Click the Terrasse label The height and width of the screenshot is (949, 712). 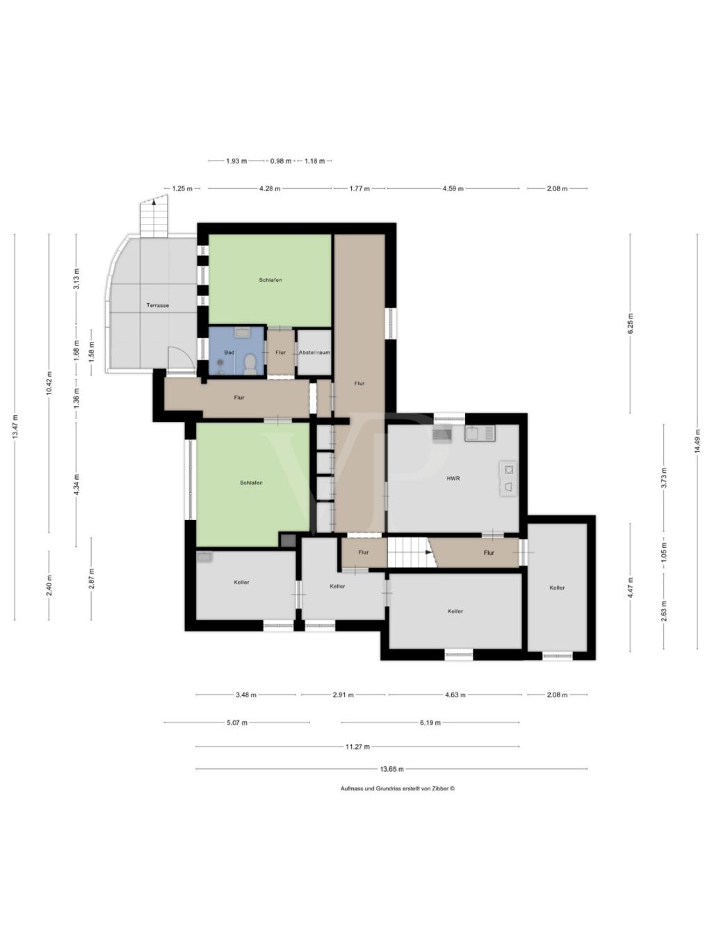point(157,305)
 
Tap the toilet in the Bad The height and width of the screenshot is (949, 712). point(250,364)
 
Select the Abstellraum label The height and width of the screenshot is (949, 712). point(314,352)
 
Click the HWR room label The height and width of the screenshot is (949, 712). point(453,478)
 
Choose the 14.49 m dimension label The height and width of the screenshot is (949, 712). point(697,441)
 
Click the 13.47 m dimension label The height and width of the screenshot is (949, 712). point(15,427)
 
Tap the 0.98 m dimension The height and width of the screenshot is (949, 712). point(281,161)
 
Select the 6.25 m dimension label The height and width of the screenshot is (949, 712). point(630,323)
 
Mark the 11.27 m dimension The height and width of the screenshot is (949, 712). point(357,746)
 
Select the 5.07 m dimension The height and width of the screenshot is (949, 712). point(236,722)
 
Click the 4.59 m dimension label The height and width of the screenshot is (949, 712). point(453,188)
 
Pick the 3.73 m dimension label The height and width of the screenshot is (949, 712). point(663,478)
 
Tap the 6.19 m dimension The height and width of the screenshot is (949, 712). point(430,722)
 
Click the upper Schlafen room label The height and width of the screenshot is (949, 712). point(270,279)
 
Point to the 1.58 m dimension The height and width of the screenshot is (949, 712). point(91,352)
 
